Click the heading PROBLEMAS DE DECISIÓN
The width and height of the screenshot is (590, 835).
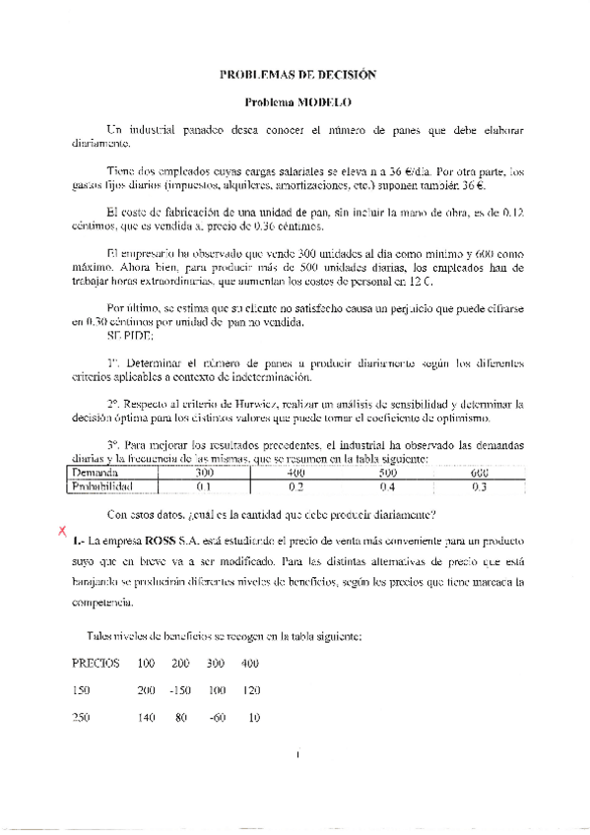coord(297,75)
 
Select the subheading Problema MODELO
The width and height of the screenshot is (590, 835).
coord(297,101)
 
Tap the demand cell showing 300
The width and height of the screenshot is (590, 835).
coord(204,474)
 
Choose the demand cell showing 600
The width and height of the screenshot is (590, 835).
coord(480,474)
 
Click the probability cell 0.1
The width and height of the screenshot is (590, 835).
coord(204,485)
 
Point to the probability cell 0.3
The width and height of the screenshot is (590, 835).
coord(480,485)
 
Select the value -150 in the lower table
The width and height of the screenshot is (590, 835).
coord(178,690)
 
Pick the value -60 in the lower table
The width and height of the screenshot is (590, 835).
coord(217,718)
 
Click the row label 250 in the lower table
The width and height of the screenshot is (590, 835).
coord(81,718)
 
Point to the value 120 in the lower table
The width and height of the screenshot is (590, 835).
coord(250,690)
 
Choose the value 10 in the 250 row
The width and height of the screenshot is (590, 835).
coord(254,718)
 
